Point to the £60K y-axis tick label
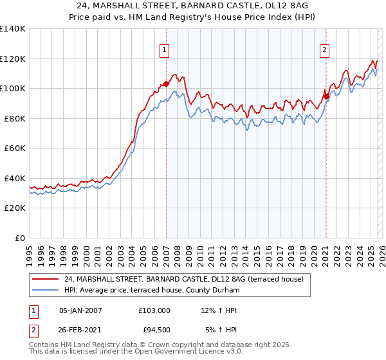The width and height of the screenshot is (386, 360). (x=15, y=148)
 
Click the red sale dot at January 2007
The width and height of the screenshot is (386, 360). (x=166, y=84)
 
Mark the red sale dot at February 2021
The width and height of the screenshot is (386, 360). (x=326, y=96)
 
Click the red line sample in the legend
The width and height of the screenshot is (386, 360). (x=46, y=279)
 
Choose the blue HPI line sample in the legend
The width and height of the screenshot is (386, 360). (x=46, y=291)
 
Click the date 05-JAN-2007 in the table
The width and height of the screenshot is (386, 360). (x=80, y=310)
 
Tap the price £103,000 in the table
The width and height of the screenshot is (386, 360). (x=154, y=310)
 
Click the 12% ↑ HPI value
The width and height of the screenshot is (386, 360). (x=219, y=310)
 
